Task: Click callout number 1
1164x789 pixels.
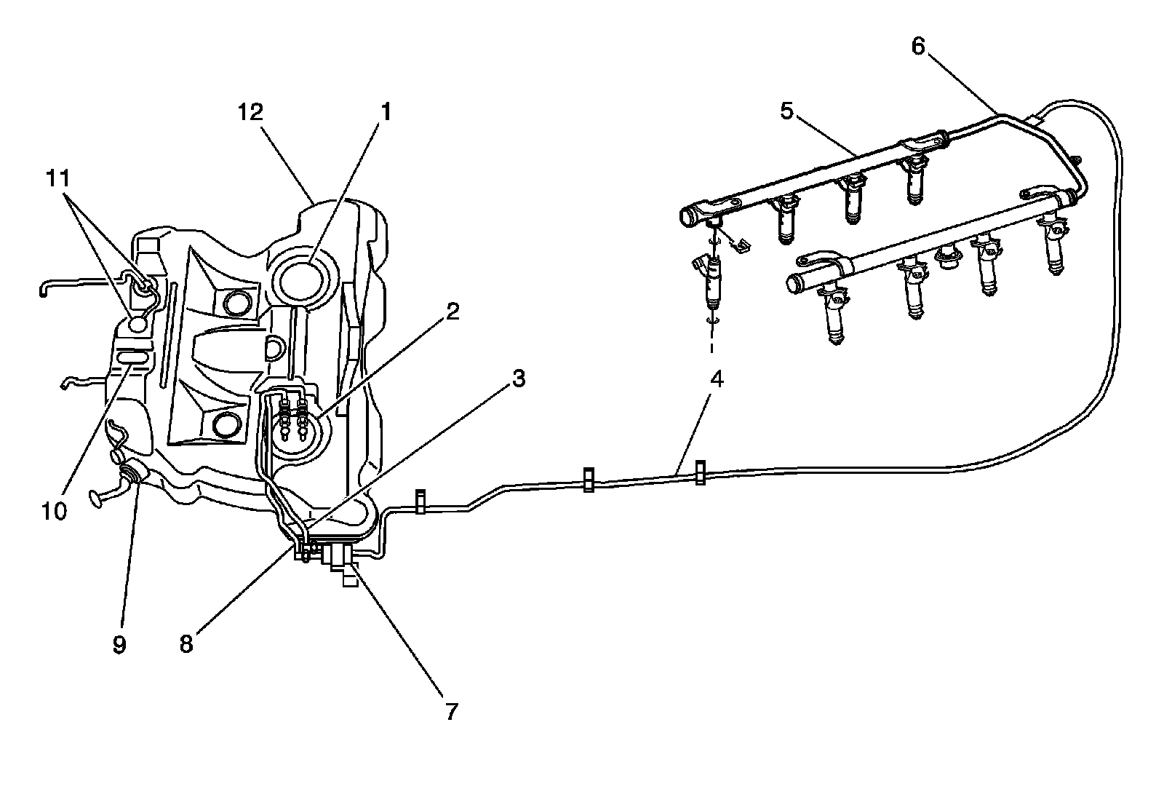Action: (386, 111)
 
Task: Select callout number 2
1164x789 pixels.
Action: (453, 312)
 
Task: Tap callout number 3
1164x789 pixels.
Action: (518, 378)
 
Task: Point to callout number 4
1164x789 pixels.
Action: (717, 379)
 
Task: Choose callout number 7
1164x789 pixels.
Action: (452, 711)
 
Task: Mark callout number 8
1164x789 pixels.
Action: (187, 644)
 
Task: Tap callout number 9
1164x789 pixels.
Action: (119, 644)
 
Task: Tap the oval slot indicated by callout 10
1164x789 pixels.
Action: (132, 357)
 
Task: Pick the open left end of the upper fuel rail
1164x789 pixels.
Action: (689, 217)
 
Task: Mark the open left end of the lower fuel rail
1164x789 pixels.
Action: (793, 282)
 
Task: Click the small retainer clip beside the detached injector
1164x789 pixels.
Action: (740, 247)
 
